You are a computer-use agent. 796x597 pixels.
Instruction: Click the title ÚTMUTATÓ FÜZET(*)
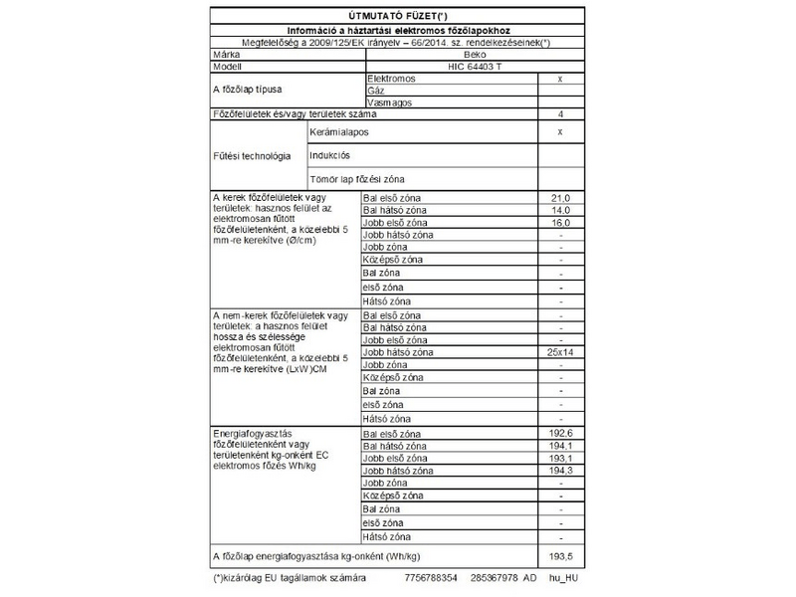397,17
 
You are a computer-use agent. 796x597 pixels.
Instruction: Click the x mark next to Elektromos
561,78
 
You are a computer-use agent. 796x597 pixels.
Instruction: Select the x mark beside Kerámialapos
561,131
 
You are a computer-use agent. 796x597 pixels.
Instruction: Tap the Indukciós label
331,155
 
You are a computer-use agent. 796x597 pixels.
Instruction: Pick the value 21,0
561,199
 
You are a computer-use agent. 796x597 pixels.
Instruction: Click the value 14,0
561,211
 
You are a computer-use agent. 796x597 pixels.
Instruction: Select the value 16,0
561,223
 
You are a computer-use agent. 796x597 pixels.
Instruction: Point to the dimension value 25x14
561,353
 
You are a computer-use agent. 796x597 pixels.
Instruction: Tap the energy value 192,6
561,436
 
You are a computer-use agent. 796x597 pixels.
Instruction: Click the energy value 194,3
561,471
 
